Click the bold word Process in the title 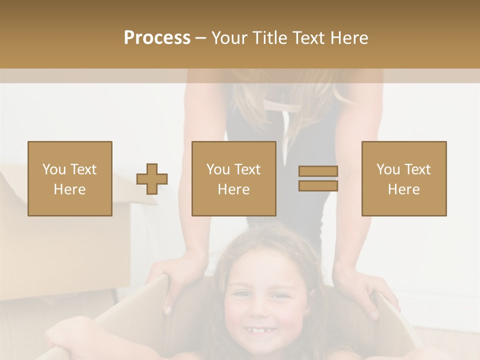pos(157,38)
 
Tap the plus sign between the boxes pos(152,179)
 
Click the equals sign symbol pos(318,178)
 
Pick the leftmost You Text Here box pos(70,178)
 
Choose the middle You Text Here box pos(234,178)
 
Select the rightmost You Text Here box pos(404,178)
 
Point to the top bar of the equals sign pos(318,171)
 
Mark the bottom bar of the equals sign pos(318,186)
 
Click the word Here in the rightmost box pos(404,189)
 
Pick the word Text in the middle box pos(248,169)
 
